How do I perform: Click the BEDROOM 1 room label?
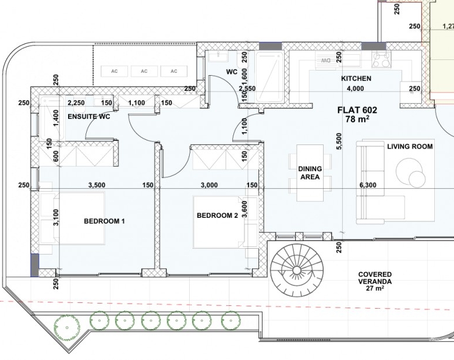(x=104, y=221)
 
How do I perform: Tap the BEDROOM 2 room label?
(x=217, y=216)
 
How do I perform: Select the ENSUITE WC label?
(x=89, y=117)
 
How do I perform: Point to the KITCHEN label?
(x=356, y=79)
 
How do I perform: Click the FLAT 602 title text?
(x=357, y=110)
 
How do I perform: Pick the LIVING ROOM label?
(x=410, y=146)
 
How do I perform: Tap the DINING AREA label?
(x=310, y=173)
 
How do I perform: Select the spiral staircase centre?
(x=297, y=271)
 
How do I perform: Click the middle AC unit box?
(x=144, y=71)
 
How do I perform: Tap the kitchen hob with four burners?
(x=381, y=60)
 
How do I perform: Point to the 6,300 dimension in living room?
(x=368, y=185)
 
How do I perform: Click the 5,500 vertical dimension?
(x=339, y=141)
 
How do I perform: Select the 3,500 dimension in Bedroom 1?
(x=97, y=185)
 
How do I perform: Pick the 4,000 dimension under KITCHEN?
(x=355, y=89)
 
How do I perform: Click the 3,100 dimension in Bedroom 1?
(x=56, y=217)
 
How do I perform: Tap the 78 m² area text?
(x=357, y=119)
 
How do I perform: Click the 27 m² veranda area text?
(x=375, y=288)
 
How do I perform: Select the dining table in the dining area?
(x=310, y=173)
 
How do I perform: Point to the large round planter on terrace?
(x=67, y=327)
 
